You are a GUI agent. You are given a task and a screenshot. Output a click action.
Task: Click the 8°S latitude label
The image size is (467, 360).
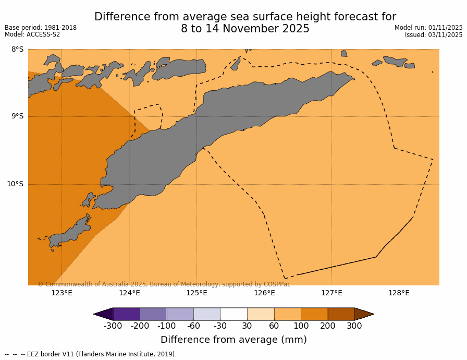coord(17,50)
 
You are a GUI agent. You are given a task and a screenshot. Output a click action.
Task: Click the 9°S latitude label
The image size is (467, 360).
coord(17,116)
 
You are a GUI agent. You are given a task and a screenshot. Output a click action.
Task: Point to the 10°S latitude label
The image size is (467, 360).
coord(15,184)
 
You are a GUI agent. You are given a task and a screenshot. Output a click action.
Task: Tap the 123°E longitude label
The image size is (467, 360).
coord(62,293)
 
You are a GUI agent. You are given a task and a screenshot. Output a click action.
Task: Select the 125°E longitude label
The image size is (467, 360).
coord(196,293)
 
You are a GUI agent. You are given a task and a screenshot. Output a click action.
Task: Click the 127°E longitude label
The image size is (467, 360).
coord(331,293)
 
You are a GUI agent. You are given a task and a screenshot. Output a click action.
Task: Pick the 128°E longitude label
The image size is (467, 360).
coord(399,293)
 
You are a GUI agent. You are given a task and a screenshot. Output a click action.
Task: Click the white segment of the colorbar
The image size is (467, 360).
coord(233,314)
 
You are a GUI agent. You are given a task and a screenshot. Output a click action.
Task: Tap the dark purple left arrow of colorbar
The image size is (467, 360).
coord(103,314)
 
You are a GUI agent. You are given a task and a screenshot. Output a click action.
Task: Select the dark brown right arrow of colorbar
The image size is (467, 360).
coord(364,314)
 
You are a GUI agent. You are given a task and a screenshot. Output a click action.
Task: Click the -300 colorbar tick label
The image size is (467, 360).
coord(113,326)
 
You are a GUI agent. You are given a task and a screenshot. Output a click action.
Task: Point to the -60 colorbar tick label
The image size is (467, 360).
coord(193,326)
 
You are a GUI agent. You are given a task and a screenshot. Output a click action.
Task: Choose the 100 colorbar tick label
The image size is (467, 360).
coord(301,326)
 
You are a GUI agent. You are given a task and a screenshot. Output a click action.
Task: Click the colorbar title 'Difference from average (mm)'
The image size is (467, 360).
coord(233,340)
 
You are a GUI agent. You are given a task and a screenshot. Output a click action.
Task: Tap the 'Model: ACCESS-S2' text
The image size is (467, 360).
coord(32,35)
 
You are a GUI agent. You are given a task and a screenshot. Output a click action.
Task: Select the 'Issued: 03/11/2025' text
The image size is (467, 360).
coord(434,35)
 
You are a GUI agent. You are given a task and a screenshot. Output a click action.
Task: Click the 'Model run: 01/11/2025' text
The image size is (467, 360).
coord(428,28)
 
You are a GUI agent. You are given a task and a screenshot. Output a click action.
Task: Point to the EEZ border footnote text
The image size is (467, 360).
coord(91,354)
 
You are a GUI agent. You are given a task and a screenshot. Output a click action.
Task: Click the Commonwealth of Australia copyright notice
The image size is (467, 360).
coord(164,284)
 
